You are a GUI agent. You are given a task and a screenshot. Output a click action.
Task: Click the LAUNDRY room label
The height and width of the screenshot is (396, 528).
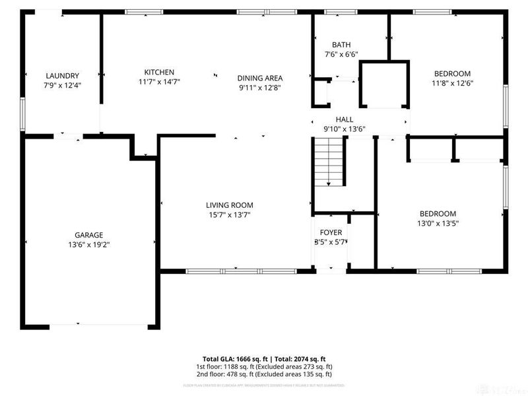click(62, 76)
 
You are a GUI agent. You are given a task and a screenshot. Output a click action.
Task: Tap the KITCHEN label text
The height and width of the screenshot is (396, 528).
click(159, 72)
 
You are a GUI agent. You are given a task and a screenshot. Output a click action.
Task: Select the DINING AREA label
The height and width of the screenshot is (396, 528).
click(260, 77)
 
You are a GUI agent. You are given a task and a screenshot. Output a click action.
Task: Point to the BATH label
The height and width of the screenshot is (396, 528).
click(341, 45)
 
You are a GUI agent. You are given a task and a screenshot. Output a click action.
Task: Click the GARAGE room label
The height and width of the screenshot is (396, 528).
click(88, 235)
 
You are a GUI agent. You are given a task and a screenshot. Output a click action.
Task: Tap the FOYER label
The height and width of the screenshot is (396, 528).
click(331, 232)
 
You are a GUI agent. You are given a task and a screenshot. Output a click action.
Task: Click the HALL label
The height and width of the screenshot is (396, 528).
click(344, 119)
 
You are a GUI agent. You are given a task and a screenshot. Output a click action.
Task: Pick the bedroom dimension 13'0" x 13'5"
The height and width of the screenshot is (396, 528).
click(438, 223)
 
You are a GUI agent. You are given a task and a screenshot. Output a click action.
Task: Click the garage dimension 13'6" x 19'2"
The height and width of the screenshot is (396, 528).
click(88, 244)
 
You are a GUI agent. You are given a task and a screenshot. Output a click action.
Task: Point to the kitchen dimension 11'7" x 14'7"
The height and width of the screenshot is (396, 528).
click(159, 82)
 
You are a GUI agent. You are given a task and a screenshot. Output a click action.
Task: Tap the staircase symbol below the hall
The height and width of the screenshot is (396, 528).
click(329, 163)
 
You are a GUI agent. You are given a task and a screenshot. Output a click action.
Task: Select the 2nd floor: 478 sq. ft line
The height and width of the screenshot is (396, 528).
click(264, 374)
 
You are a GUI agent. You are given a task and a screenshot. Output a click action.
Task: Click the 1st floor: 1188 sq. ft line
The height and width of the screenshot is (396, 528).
click(264, 366)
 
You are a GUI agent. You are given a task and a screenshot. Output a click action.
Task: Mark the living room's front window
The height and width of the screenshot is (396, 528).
click(242, 271)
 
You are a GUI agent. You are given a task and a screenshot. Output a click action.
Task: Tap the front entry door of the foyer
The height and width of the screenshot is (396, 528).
click(331, 270)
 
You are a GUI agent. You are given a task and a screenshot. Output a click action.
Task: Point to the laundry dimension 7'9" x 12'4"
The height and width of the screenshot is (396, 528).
click(62, 85)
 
